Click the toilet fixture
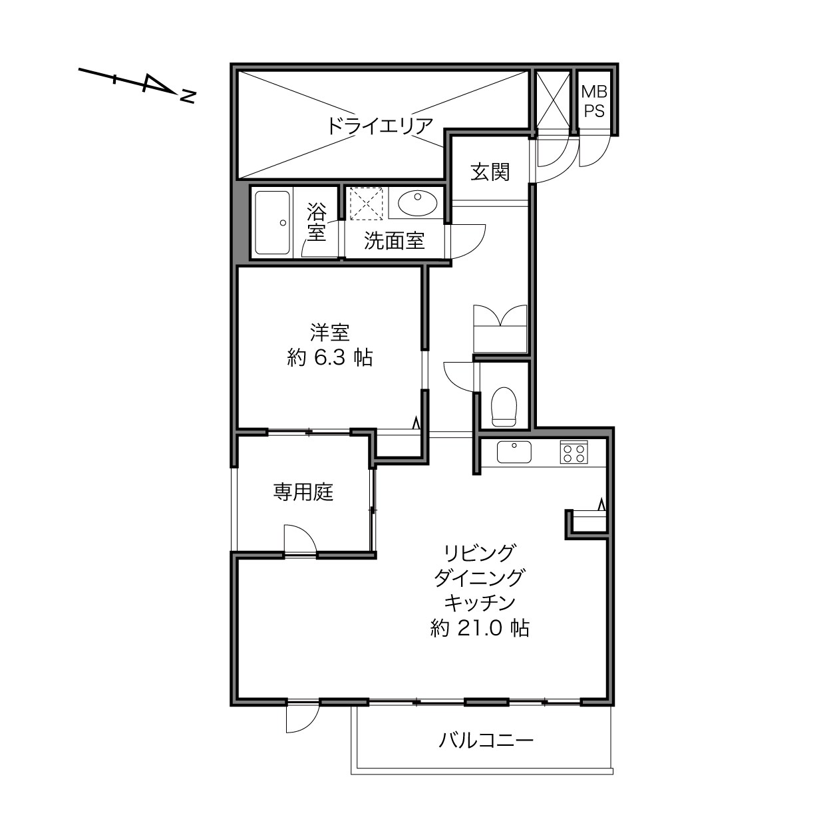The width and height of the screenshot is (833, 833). click(x=504, y=407)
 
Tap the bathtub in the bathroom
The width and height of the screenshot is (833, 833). click(x=272, y=223)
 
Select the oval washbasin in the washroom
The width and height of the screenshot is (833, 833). click(x=418, y=203)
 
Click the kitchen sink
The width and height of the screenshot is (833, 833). click(x=514, y=452)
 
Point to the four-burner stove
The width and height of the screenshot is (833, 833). click(x=574, y=452)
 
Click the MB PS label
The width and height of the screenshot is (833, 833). click(x=594, y=102)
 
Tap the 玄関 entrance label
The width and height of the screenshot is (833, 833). click(x=490, y=172)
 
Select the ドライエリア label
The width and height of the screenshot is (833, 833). click(x=381, y=126)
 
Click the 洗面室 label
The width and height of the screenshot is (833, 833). click(x=395, y=241)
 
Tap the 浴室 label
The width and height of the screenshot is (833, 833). click(x=317, y=222)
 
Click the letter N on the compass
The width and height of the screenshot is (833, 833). click(x=188, y=96)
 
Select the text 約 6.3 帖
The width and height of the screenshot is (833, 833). click(x=330, y=357)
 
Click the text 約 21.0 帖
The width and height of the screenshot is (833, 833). click(x=480, y=628)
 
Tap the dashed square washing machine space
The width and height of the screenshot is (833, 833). click(x=366, y=204)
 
